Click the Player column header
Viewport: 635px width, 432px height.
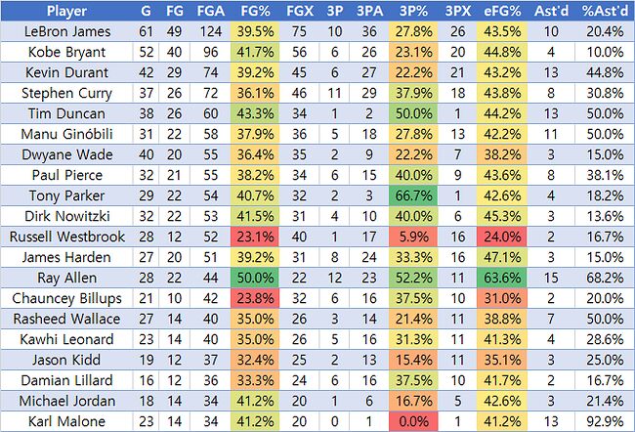pyautogui.click(x=60, y=12)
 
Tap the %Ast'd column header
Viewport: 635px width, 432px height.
pyautogui.click(x=600, y=12)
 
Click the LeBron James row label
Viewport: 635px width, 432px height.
pyautogui.click(x=60, y=32)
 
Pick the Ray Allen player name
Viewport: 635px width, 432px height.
pyautogui.click(x=60, y=279)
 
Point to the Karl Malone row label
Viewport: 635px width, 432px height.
pyautogui.click(x=60, y=422)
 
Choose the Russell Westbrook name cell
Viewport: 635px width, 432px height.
pyautogui.click(x=60, y=238)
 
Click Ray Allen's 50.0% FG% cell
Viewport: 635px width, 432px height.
pyautogui.click(x=255, y=279)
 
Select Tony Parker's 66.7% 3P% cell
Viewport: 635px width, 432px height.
pyautogui.click(x=410, y=196)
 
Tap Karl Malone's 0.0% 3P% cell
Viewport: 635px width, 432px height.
pyautogui.click(x=410, y=422)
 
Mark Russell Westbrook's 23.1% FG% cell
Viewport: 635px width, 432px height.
pyautogui.click(x=255, y=238)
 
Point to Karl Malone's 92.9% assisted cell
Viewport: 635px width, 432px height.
pyautogui.click(x=600, y=422)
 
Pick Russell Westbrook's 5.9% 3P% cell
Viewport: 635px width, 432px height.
pyautogui.click(x=410, y=238)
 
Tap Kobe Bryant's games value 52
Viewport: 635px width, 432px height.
pyautogui.click(x=146, y=53)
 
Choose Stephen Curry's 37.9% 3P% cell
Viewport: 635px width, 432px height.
pyautogui.click(x=410, y=94)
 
